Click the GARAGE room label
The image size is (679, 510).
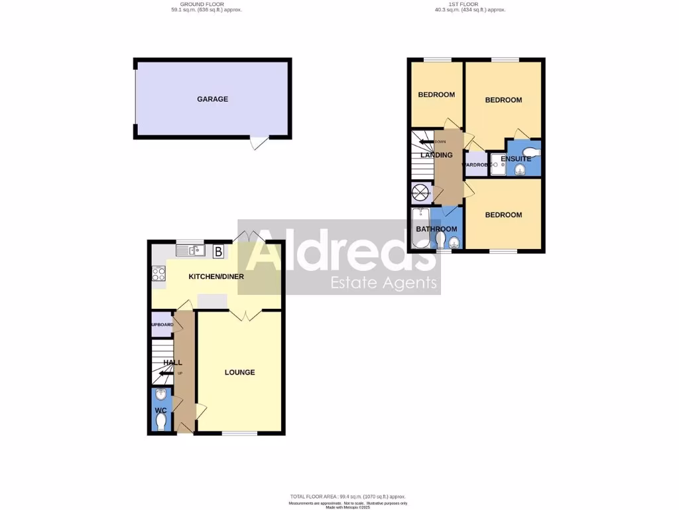pos(212,99)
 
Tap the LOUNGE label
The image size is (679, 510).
pos(239,373)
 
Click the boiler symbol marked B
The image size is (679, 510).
pos(217,251)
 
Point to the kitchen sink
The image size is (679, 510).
pos(190,250)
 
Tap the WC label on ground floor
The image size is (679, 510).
pos(160,410)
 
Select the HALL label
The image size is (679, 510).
pos(173,363)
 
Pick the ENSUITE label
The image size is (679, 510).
pos(516,159)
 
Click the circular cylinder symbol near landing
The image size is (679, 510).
pos(420,193)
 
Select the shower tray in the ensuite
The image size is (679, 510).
pos(497,167)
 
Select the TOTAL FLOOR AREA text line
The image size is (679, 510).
pos(347,497)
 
